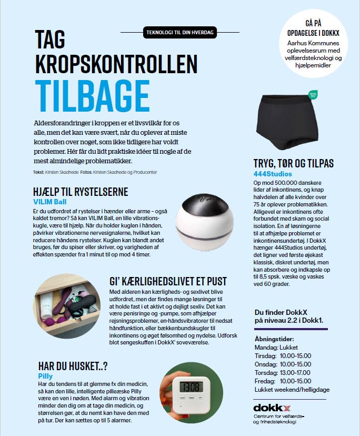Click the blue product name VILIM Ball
[x=48, y=202]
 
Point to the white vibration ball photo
[x=204, y=217]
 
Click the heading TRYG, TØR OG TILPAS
[x=294, y=164]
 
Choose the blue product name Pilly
[x=46, y=376]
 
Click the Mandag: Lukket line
[x=276, y=348]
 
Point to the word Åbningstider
[x=274, y=339]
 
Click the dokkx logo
[x=272, y=408]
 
